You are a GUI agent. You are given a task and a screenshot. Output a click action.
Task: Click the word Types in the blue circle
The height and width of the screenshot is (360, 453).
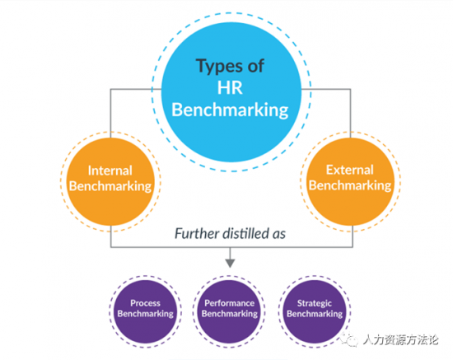point(215,67)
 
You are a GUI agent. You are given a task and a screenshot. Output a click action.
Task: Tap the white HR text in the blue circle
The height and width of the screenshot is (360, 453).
point(230,87)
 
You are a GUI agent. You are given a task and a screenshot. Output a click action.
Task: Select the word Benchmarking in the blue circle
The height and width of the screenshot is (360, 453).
point(230,110)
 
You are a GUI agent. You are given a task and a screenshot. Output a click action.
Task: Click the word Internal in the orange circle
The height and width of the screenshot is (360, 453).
point(110,171)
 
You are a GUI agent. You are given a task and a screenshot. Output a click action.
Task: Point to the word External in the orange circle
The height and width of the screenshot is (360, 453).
point(350,170)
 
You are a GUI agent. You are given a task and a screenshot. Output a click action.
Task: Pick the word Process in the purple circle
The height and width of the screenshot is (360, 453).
point(145,303)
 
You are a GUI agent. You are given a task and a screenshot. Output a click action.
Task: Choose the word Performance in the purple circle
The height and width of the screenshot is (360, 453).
point(230,303)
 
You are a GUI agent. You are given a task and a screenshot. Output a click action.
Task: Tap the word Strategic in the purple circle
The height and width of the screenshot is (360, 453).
point(315,303)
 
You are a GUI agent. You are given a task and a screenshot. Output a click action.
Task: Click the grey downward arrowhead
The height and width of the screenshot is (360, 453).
point(230,264)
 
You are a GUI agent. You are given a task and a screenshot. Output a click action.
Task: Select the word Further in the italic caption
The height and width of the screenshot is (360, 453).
point(197,234)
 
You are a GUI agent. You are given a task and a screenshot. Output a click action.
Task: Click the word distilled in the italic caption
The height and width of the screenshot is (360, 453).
point(245,233)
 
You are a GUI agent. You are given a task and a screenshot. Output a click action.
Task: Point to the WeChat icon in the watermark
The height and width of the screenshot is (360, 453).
point(349,339)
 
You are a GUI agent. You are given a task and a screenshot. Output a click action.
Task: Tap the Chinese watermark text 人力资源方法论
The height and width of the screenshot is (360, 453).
point(401,340)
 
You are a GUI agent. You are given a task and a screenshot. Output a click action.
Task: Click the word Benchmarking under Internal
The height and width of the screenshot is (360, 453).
point(110,186)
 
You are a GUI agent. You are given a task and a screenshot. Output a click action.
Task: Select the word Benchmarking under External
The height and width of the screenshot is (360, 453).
point(350,185)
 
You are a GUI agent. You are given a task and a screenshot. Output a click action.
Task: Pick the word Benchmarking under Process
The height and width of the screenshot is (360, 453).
point(145,314)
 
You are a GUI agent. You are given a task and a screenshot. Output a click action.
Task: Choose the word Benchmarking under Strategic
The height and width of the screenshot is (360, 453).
point(315,314)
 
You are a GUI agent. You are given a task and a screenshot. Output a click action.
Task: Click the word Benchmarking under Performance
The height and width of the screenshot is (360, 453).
point(230,314)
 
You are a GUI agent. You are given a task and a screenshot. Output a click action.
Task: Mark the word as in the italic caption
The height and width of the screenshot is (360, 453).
point(279,235)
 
